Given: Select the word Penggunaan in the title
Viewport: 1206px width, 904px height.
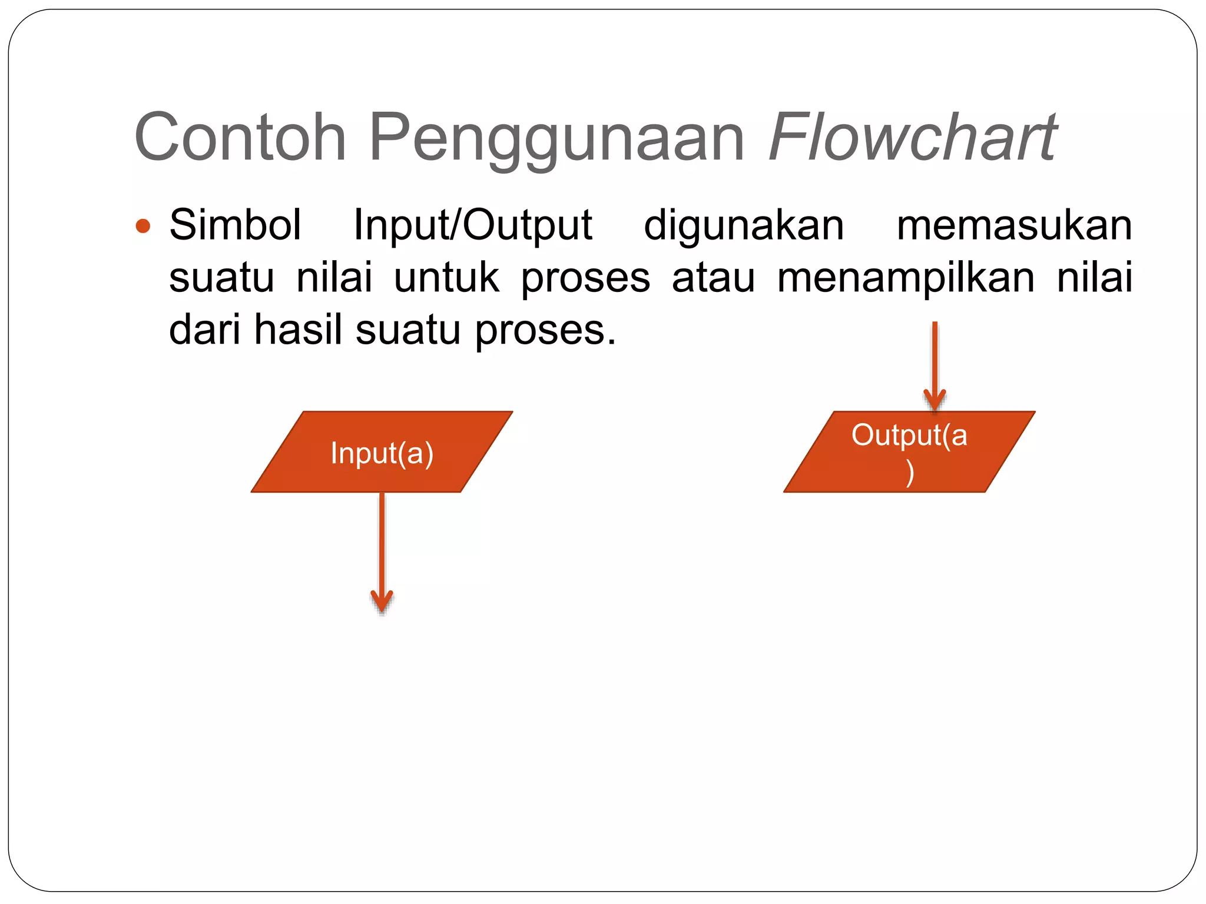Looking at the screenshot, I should [x=556, y=139].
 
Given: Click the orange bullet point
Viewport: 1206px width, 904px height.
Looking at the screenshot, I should [x=143, y=226].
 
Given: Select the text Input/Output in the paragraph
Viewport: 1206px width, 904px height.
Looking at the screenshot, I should [x=472, y=226].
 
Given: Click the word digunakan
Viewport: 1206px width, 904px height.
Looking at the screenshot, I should [x=744, y=226].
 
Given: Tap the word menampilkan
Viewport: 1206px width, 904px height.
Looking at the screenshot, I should [x=906, y=278].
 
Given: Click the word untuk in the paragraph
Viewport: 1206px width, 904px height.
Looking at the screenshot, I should [x=446, y=278].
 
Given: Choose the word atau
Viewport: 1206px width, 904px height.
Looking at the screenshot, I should [x=713, y=278].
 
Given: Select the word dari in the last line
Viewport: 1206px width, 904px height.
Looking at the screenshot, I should [x=204, y=330].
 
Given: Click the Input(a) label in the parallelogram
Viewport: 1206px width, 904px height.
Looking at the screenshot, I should [x=382, y=453].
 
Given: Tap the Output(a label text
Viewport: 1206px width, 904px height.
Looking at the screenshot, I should [x=909, y=436].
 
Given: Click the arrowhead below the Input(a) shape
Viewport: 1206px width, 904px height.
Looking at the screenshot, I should [x=382, y=602].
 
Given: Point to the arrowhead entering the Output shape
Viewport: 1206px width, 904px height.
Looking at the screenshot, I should [x=935, y=400].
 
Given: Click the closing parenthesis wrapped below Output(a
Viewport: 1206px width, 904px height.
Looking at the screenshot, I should [x=910, y=473].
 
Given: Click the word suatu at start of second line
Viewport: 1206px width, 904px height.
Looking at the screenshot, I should [x=221, y=278].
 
